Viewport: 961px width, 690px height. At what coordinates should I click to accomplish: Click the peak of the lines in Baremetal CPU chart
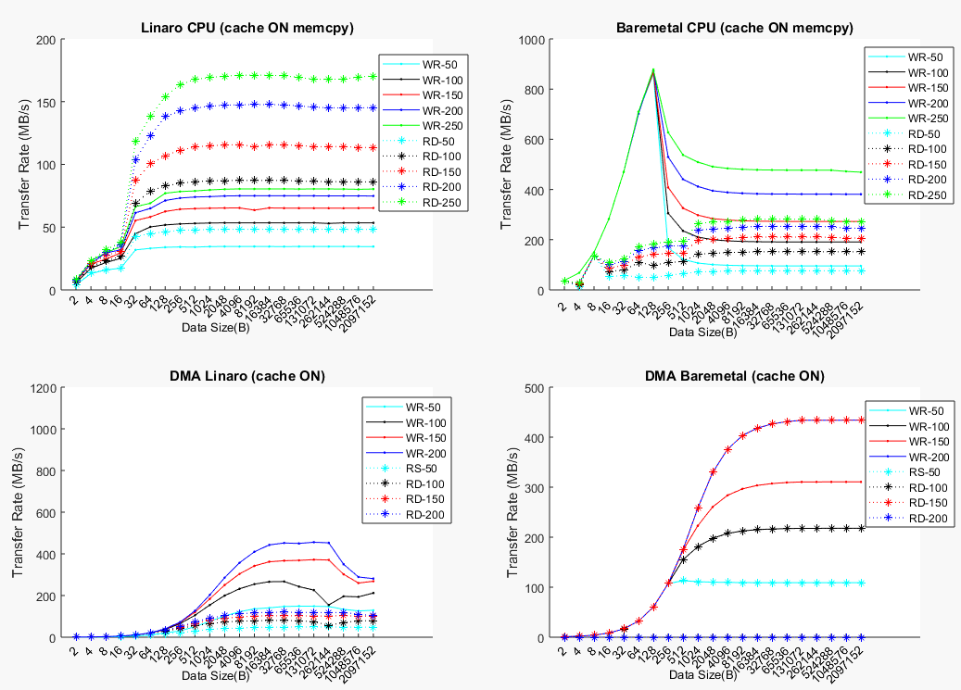pyautogui.click(x=653, y=70)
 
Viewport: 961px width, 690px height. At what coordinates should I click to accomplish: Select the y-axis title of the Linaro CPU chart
pyautogui.click(x=24, y=165)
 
